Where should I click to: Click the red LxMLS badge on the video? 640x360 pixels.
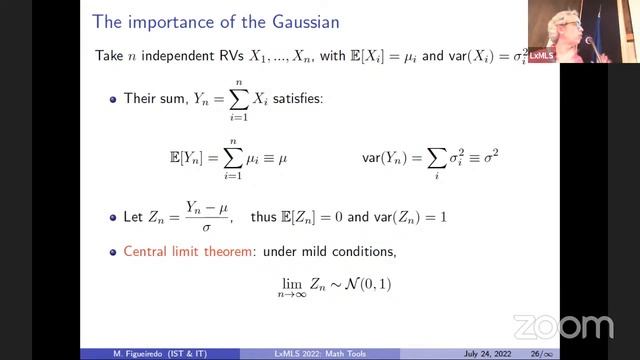[542, 56]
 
